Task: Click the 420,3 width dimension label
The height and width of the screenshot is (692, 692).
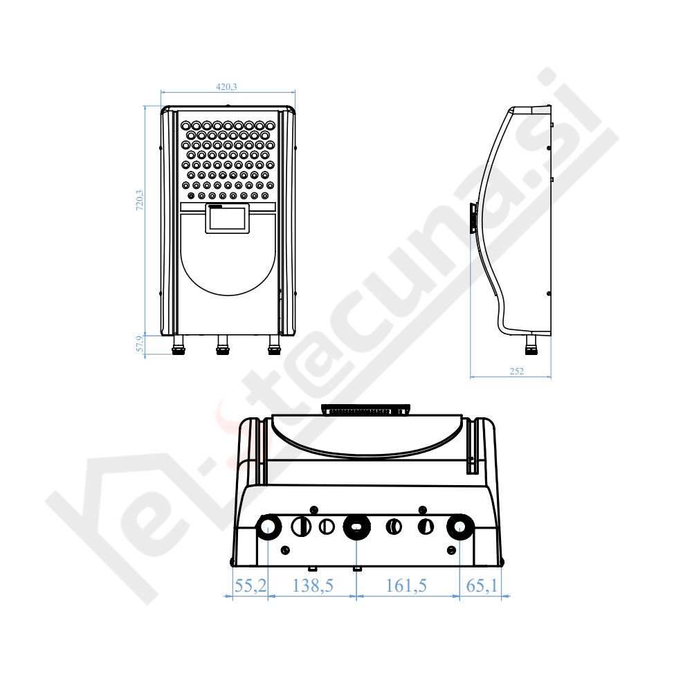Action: (x=226, y=87)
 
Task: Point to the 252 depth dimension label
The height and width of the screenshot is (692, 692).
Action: (x=516, y=372)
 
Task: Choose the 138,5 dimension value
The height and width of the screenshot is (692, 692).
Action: (x=313, y=586)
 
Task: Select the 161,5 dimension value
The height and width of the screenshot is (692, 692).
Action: (x=406, y=586)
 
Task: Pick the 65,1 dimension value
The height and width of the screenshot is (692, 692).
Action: (x=482, y=586)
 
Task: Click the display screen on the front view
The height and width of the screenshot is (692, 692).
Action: (x=228, y=219)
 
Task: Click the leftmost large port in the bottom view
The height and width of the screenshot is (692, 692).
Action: (x=268, y=528)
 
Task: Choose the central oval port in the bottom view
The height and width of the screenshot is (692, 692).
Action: (x=356, y=528)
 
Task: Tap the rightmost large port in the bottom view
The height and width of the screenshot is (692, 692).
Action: (x=457, y=528)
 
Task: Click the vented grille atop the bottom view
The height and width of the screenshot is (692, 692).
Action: (x=366, y=410)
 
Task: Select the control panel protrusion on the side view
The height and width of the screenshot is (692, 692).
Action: (x=473, y=217)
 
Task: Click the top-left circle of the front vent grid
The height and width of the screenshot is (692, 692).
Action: (x=188, y=125)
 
